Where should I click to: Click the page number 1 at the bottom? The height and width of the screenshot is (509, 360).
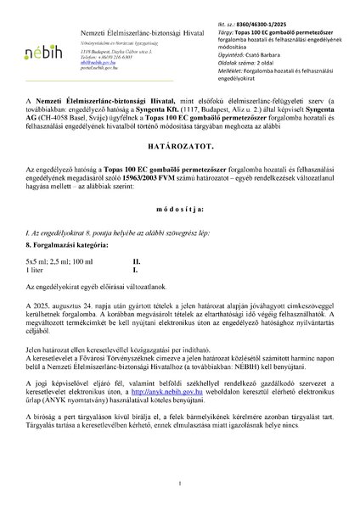tap(180, 482)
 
